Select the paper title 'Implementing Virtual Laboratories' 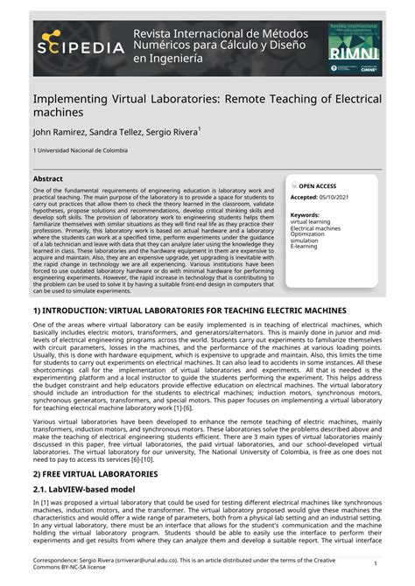(x=207, y=107)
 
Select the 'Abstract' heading (x=48, y=178)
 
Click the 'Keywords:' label (x=305, y=214)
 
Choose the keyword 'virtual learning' (x=312, y=222)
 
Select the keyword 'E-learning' (x=306, y=248)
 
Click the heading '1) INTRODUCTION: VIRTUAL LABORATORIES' (x=178, y=310)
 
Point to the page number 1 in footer (x=399, y=563)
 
